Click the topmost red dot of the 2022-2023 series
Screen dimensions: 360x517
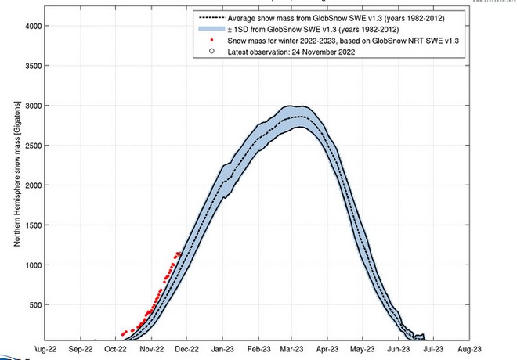[178, 252]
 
